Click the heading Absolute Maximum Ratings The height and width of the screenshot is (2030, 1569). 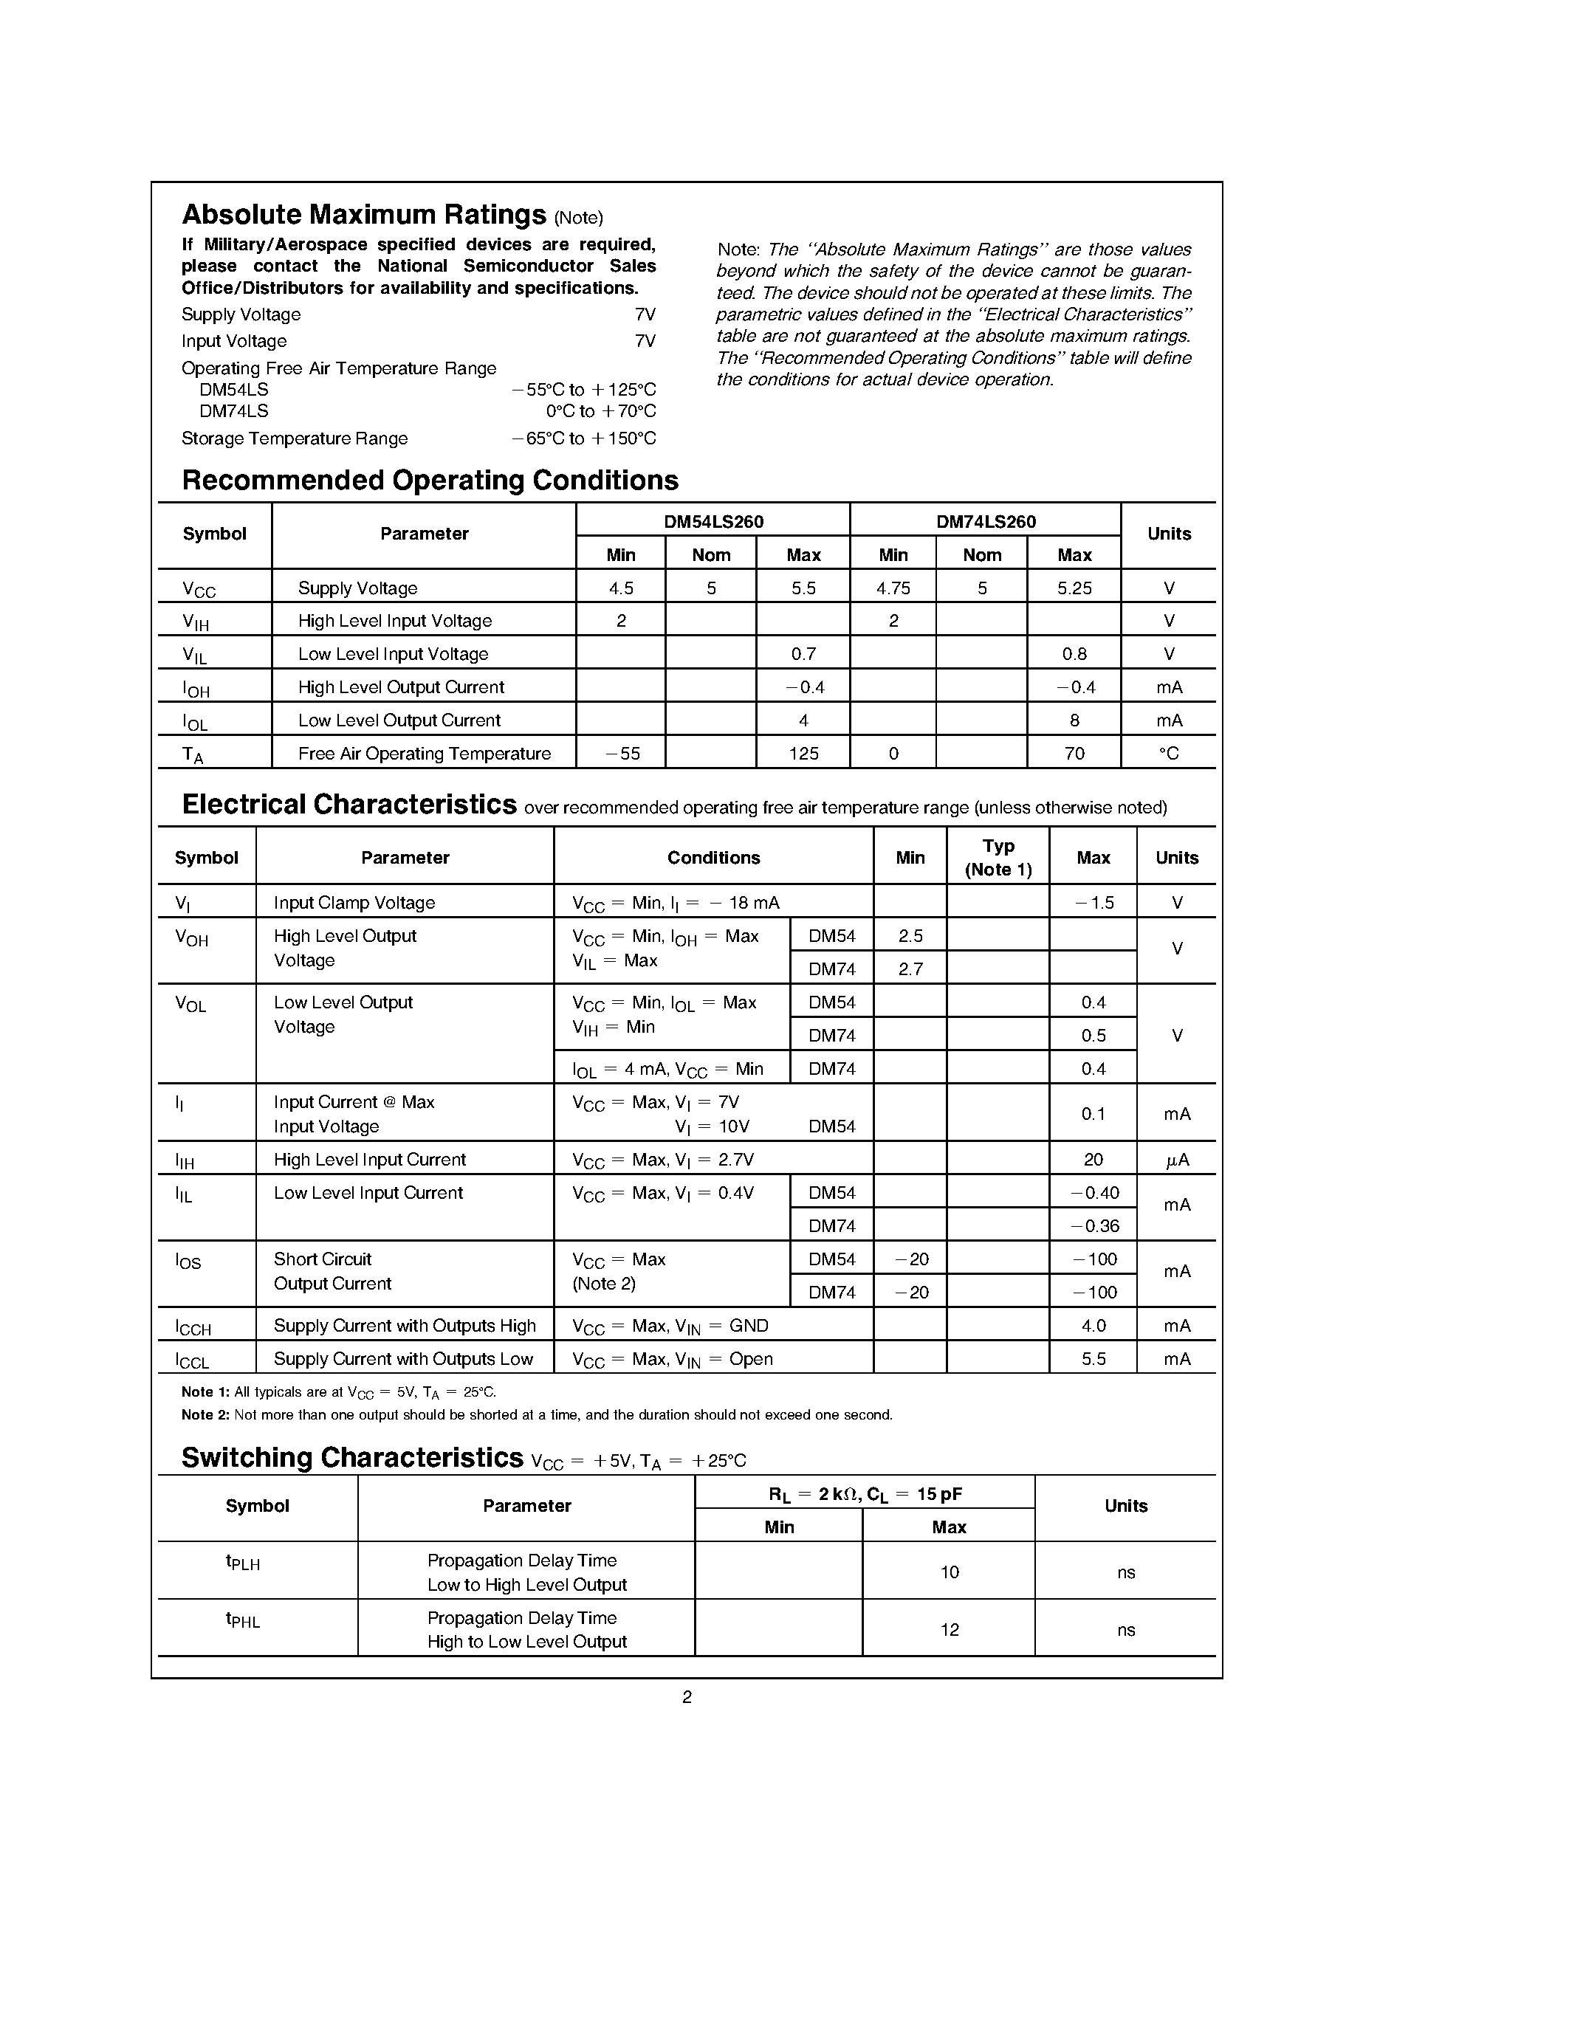[x=363, y=215]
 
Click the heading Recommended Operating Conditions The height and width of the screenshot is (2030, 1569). [x=430, y=481]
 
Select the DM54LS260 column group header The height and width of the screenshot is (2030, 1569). [x=713, y=521]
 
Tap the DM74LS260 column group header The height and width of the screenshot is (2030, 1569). [x=985, y=521]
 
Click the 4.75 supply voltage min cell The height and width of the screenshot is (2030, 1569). [x=893, y=588]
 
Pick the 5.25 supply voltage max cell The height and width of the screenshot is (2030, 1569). [x=1074, y=588]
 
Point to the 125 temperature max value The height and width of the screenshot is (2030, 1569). [x=803, y=754]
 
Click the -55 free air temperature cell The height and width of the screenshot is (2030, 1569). [x=622, y=754]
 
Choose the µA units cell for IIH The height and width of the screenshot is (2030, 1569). [x=1177, y=1160]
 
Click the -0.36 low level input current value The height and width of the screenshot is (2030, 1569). [x=1094, y=1226]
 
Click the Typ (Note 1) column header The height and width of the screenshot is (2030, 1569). [x=998, y=857]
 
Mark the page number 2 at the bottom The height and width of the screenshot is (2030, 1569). [x=687, y=1697]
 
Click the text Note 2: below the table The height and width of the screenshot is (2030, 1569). [x=205, y=1414]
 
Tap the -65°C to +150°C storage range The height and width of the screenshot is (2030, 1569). [x=584, y=438]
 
